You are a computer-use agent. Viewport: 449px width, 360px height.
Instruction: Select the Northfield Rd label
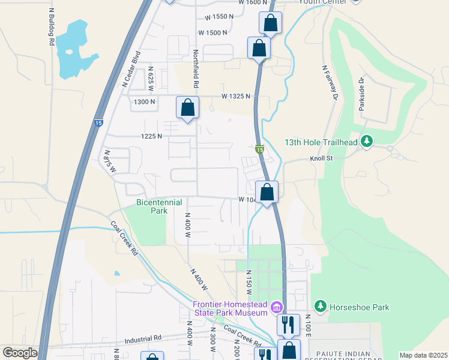[196, 67]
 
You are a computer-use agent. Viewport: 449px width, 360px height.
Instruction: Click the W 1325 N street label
[235, 96]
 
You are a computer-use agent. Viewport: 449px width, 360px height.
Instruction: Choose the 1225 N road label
[151, 136]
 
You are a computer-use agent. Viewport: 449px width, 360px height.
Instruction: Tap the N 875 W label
[109, 161]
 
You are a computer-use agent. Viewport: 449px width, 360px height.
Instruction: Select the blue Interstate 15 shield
[98, 123]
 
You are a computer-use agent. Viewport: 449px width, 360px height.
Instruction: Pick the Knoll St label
[321, 158]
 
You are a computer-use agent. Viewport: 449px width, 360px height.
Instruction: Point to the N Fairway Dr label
[330, 83]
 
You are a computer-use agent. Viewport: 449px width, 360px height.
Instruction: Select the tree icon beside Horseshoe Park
[321, 307]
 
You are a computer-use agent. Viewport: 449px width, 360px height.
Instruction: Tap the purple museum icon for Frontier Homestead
[276, 308]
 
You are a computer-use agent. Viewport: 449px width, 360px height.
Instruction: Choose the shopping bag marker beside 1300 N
[187, 108]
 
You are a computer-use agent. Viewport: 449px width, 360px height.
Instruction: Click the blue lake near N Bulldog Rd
[75, 48]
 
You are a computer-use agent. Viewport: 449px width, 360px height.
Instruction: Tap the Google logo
[19, 353]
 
